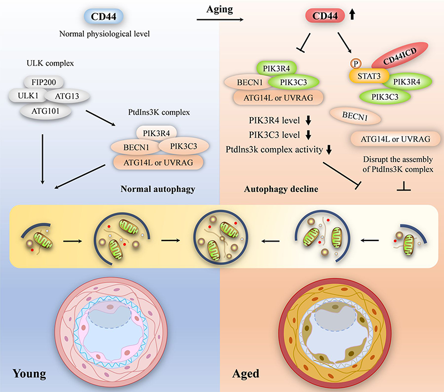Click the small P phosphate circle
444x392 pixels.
[x=352, y=65]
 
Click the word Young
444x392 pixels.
[x=30, y=373]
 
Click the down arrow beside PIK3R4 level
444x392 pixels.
[x=300, y=120]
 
